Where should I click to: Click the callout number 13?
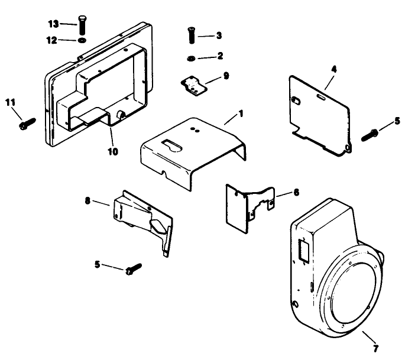pos(54,23)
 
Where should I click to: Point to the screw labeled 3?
pos(192,36)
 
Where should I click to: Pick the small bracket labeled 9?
pos(193,85)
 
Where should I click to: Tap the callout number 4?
pos(334,69)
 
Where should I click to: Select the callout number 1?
pos(241,112)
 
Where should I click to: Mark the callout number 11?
pos(10,103)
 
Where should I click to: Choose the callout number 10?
pos(113,151)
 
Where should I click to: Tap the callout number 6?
pos(296,193)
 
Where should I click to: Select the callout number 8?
pos(89,201)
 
